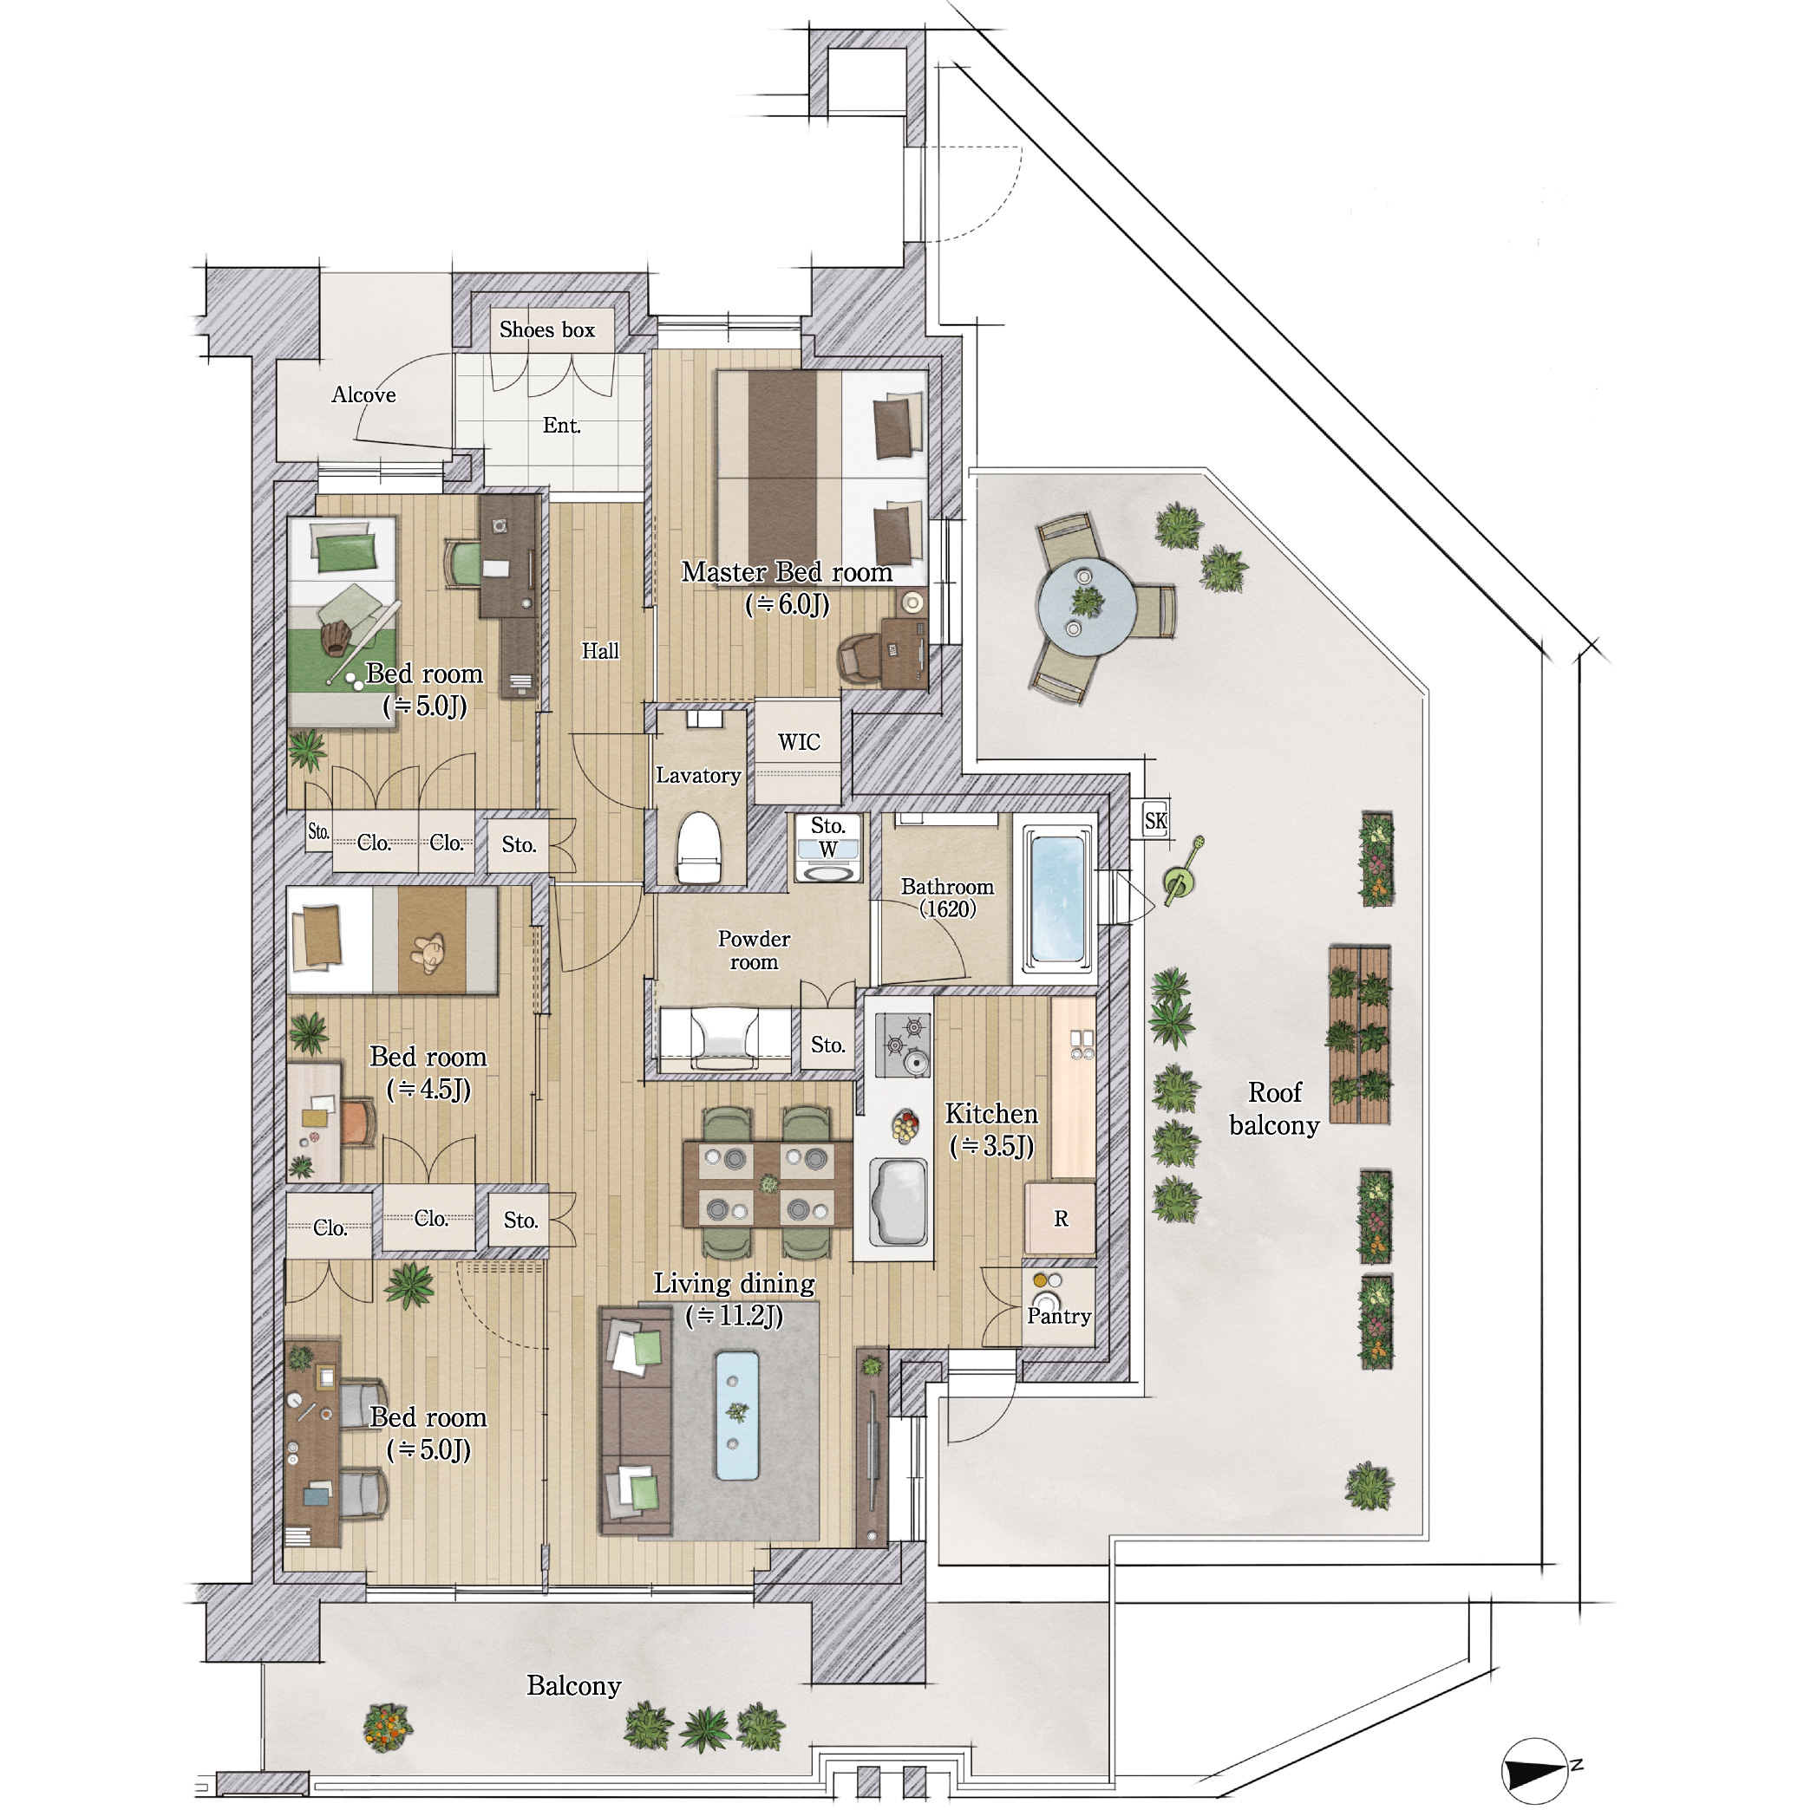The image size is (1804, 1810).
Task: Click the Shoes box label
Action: [547, 329]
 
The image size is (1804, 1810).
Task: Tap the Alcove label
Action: [363, 394]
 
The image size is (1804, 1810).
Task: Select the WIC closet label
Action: [799, 742]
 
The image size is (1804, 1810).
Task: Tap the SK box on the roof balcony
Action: [1155, 820]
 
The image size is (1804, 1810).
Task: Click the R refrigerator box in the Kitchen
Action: [1060, 1218]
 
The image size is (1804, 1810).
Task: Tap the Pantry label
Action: [1059, 1316]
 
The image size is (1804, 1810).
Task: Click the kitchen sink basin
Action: [899, 1201]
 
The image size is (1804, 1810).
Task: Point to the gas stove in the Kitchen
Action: [904, 1045]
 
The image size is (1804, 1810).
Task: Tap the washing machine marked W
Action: [827, 860]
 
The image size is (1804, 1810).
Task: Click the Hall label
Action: [600, 651]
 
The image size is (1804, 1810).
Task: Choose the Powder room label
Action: [754, 950]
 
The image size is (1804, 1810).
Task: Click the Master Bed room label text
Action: [787, 571]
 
